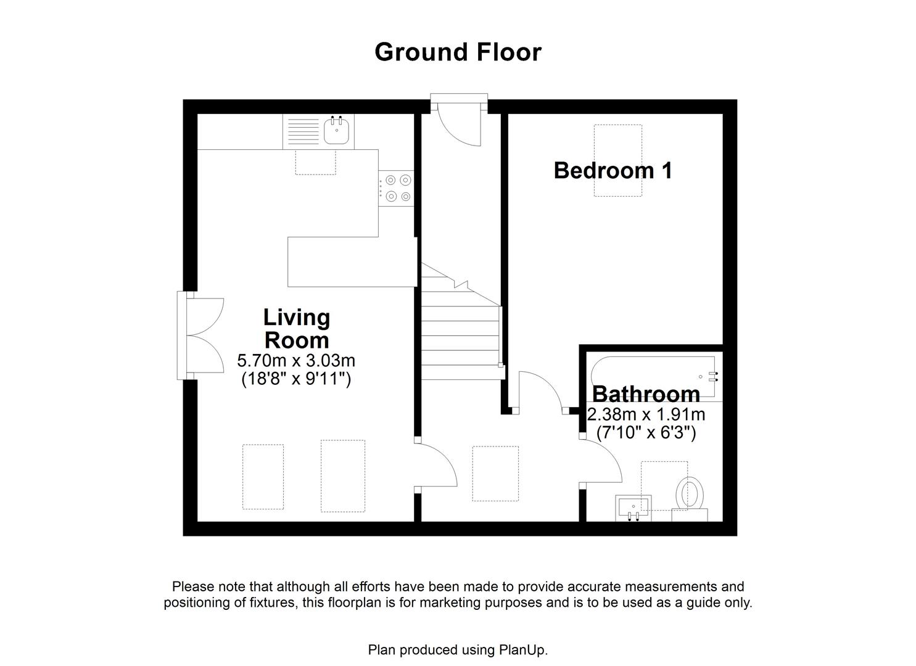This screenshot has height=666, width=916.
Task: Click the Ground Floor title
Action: click(x=458, y=52)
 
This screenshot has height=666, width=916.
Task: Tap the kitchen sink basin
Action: click(x=337, y=130)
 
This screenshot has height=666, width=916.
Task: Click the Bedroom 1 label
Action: click(x=613, y=170)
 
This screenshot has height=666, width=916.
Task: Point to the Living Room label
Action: click(x=297, y=329)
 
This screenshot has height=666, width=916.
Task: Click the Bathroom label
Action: click(x=646, y=393)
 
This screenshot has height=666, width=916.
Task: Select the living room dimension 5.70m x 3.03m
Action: click(x=296, y=360)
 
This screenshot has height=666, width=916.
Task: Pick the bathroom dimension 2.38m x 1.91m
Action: click(x=646, y=414)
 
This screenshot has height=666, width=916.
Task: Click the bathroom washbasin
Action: click(x=633, y=508)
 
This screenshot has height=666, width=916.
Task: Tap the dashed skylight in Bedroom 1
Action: click(x=617, y=160)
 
